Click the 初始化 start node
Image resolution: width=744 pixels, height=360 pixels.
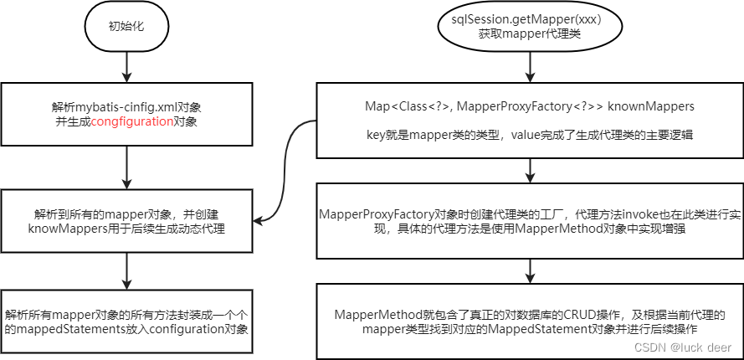[126, 26]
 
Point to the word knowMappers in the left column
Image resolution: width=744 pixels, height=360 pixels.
[64, 227]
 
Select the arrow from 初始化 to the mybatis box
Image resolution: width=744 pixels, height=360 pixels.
[126, 66]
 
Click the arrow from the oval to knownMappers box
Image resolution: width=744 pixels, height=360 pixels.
[528, 66]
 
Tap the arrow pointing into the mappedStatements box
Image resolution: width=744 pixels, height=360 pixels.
[126, 270]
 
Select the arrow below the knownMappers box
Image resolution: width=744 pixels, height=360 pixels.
[528, 170]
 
